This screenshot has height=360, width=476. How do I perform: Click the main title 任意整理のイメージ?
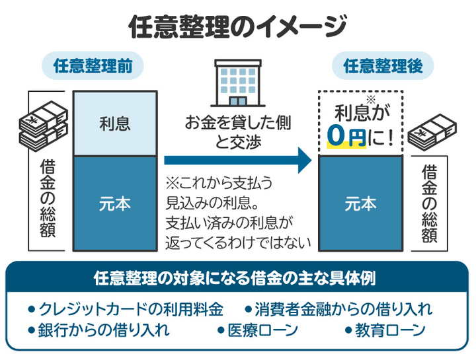[237, 27]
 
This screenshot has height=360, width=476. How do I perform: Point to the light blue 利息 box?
[115, 123]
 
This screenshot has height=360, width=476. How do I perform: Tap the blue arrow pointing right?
[238, 159]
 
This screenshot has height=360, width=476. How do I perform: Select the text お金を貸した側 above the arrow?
[237, 123]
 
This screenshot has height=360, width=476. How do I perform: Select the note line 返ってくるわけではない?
[239, 241]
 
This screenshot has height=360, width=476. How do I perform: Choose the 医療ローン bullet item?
[260, 330]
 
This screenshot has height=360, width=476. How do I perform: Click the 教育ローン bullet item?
[385, 330]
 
